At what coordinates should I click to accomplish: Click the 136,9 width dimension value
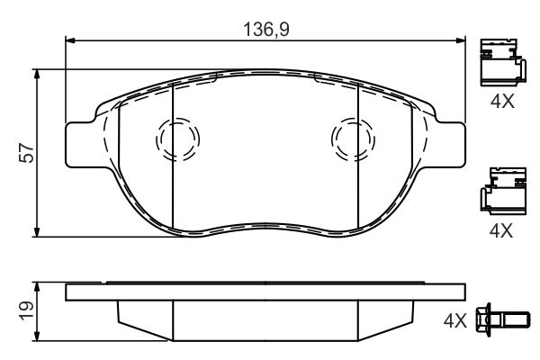tap(265, 30)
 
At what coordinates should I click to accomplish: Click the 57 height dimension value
tap(27, 153)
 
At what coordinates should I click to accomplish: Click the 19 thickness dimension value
tap(27, 311)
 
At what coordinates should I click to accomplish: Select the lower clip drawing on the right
tap(503, 191)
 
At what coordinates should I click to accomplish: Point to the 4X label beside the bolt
tap(454, 321)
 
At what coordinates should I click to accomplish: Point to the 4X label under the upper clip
tap(502, 102)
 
